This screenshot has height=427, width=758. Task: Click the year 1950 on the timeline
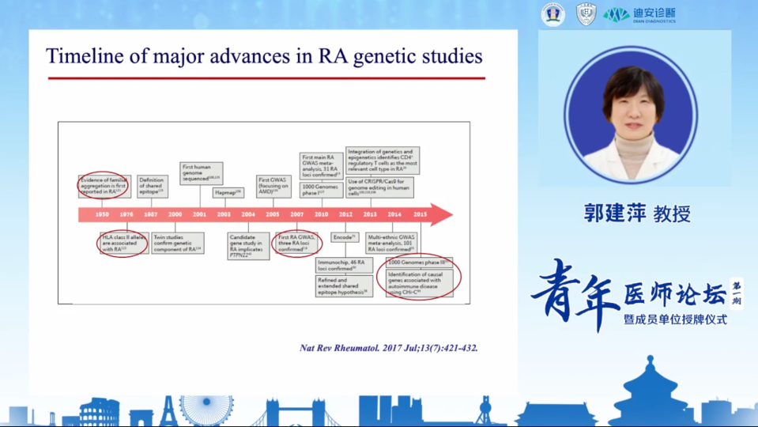[x=102, y=214]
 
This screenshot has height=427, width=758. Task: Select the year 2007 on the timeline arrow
[x=297, y=214]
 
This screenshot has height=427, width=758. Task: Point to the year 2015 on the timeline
[x=420, y=214]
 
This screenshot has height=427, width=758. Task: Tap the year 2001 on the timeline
[x=200, y=214]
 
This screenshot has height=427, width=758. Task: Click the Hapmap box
[x=228, y=192]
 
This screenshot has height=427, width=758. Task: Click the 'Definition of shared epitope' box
[x=152, y=186]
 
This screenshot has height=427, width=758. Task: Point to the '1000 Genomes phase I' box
[x=320, y=190]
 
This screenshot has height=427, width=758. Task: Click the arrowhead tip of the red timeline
[x=451, y=214]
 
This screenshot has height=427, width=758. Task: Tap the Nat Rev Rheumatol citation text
[x=389, y=347]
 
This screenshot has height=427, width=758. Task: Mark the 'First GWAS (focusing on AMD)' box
[x=273, y=186]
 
